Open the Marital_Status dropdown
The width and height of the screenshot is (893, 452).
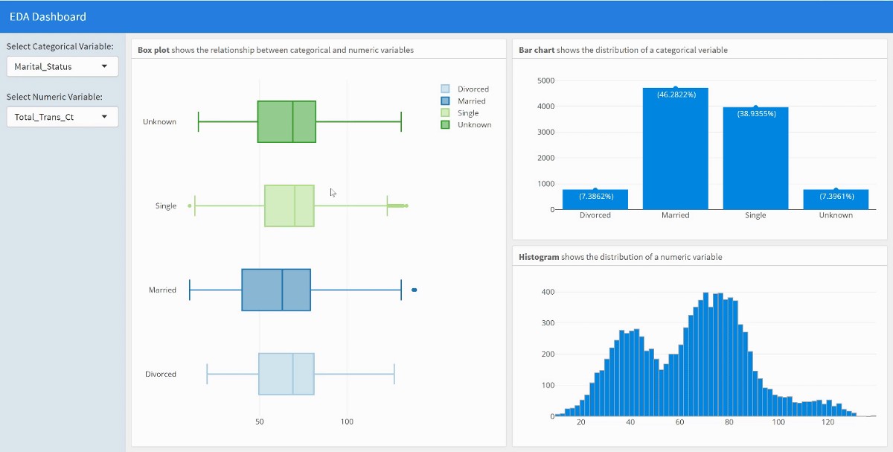coord(62,66)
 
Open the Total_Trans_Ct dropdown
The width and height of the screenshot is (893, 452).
coord(62,117)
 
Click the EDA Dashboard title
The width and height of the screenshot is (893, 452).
coord(48,16)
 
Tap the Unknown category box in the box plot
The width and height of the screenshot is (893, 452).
coord(287,121)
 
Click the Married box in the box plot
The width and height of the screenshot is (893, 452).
coord(276,290)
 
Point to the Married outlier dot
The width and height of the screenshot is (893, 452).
coord(414,290)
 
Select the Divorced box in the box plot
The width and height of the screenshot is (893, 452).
coord(287,374)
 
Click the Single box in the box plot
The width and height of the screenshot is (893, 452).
coord(289,206)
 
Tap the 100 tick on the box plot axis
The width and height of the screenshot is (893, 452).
coord(347,422)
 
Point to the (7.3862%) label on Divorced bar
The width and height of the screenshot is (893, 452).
coord(595,197)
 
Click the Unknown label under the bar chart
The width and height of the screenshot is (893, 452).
coord(836,215)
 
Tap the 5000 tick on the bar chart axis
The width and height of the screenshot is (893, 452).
coord(545,80)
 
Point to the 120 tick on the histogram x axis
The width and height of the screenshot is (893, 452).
coord(828,423)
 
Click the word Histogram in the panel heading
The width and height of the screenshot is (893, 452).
coord(539,257)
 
